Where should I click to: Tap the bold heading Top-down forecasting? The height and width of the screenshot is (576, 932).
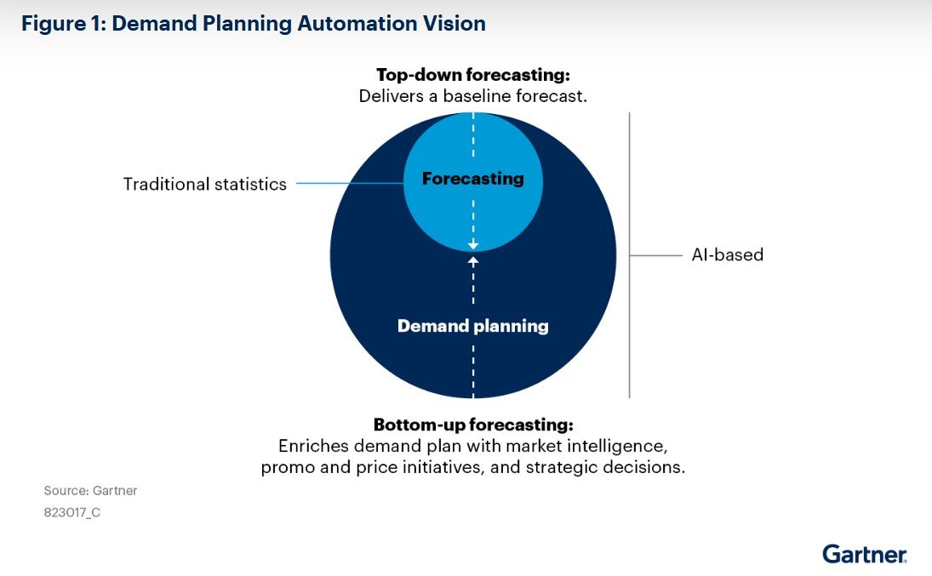pos(472,74)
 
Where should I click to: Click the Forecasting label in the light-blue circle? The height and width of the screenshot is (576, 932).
pos(473,179)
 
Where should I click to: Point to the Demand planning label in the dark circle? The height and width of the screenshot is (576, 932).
pos(473,326)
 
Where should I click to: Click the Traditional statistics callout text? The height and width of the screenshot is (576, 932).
pos(205,184)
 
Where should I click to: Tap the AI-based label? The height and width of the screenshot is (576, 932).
pos(728,254)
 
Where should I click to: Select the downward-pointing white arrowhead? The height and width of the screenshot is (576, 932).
pos(473,245)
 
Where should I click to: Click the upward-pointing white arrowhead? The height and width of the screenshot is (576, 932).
pos(473,260)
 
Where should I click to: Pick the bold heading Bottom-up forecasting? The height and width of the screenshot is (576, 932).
pos(473,424)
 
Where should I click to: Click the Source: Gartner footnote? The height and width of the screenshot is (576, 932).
pos(90,491)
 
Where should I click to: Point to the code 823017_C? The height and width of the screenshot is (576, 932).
pos(72,513)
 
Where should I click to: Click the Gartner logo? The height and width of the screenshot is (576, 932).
pos(864,554)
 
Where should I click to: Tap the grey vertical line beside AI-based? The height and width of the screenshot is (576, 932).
pos(630,323)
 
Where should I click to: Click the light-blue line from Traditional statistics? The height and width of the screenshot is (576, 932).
pos(349,183)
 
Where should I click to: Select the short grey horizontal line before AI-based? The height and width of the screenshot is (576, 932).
pos(656,254)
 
